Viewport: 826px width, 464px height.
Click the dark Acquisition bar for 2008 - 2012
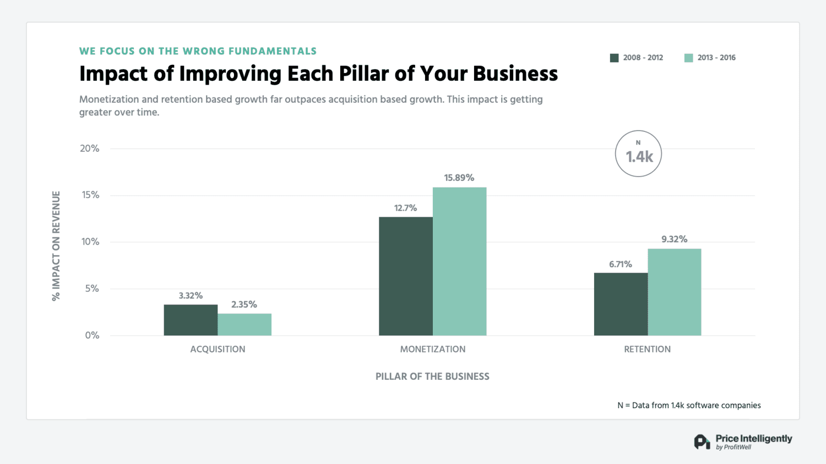pyautogui.click(x=191, y=320)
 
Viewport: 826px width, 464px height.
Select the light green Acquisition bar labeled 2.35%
pyautogui.click(x=244, y=324)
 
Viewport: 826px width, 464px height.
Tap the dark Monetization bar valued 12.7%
pyautogui.click(x=406, y=276)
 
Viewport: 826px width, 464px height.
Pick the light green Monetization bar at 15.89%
pyautogui.click(x=459, y=261)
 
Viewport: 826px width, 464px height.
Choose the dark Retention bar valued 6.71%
pyautogui.click(x=621, y=304)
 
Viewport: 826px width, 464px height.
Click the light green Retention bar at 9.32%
pyautogui.click(x=675, y=292)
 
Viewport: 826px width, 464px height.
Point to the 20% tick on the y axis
pyautogui.click(x=90, y=148)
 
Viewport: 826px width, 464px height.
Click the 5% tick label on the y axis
pyautogui.click(x=92, y=289)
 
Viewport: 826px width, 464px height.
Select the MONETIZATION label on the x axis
pyautogui.click(x=432, y=349)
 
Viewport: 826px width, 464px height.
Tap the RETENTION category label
pyautogui.click(x=647, y=349)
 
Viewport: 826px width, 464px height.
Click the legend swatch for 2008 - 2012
pyautogui.click(x=615, y=58)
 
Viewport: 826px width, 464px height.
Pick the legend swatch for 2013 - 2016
pyautogui.click(x=688, y=58)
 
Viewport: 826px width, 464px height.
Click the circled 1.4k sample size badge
pyautogui.click(x=638, y=154)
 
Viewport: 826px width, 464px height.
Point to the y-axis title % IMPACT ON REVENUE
pyautogui.click(x=56, y=246)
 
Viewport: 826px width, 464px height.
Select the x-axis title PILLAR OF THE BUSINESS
pyautogui.click(x=432, y=377)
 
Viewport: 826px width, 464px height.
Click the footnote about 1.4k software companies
pyautogui.click(x=689, y=405)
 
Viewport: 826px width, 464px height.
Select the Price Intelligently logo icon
pyautogui.click(x=702, y=441)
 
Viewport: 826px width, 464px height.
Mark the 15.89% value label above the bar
pyautogui.click(x=459, y=178)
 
